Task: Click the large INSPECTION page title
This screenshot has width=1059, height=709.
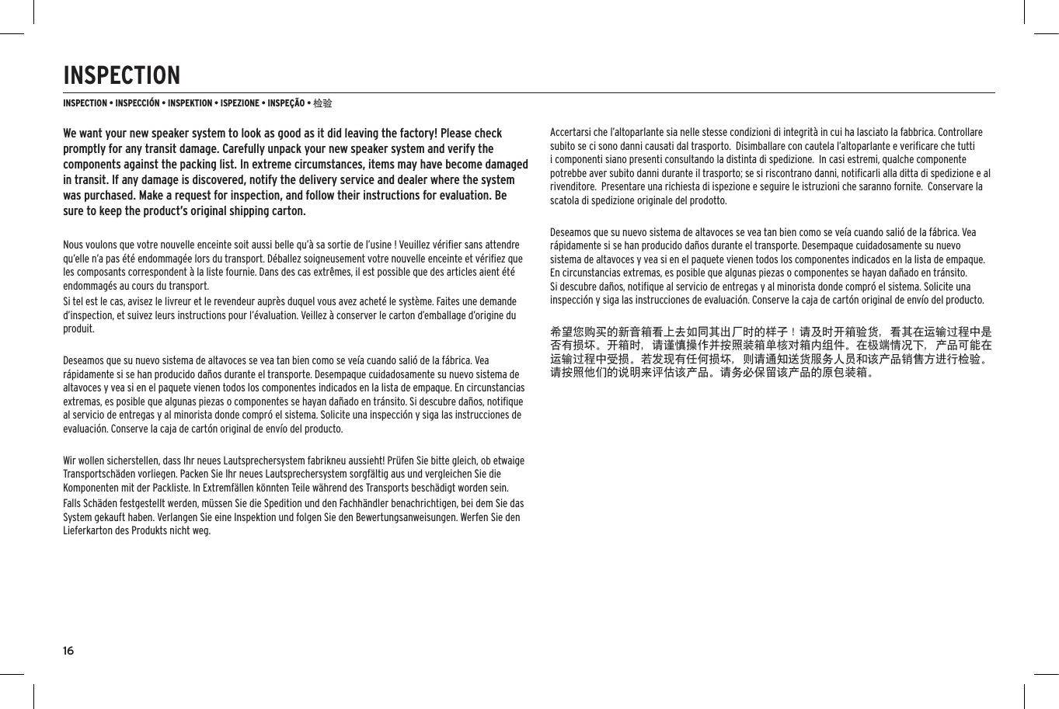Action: point(121,76)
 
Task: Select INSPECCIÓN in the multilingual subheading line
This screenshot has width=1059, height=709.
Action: point(137,103)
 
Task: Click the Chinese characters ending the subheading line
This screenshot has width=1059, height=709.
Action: point(322,103)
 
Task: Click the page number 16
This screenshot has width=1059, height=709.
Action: point(68,651)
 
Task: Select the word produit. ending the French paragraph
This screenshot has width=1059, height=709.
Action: point(75,329)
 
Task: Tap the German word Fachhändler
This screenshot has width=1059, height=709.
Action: point(369,503)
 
